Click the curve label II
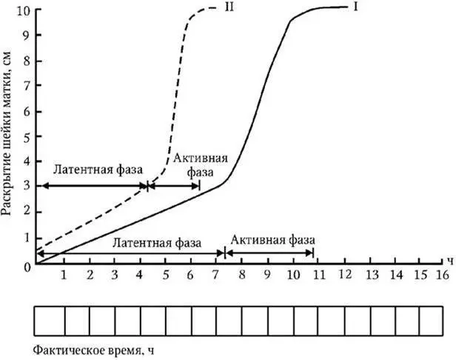221,8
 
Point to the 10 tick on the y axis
26,10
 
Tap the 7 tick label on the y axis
27,87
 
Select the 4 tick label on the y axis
27,162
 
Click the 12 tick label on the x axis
343,275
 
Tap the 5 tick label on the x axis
166,275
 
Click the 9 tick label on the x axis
266,275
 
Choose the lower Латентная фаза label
155,242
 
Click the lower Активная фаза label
273,241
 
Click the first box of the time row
50,320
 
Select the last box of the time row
431,320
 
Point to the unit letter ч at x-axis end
450,261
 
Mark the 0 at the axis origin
28,265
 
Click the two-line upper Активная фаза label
201,166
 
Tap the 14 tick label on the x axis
393,275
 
